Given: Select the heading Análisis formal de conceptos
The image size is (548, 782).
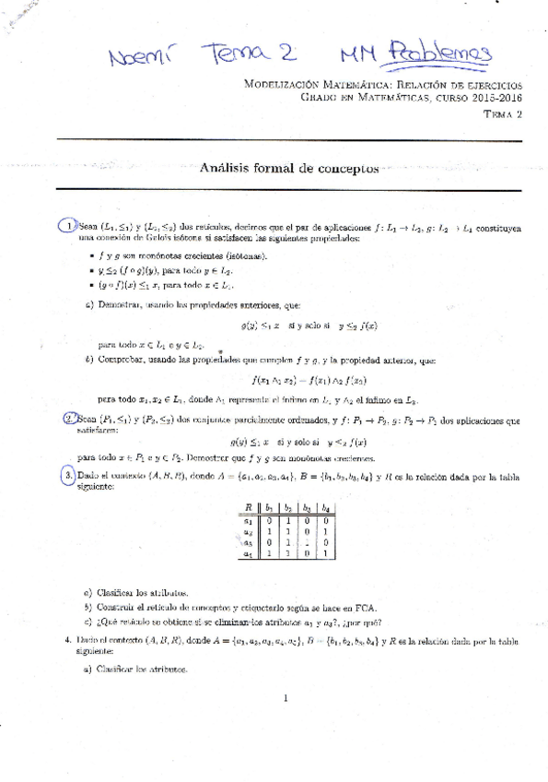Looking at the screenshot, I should [289, 169].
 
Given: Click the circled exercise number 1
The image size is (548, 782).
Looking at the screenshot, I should [66, 226].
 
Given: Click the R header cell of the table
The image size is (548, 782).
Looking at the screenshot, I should [248, 508].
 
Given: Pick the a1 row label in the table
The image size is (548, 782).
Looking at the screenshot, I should [248, 520].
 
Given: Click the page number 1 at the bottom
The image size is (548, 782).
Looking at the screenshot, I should [286, 698].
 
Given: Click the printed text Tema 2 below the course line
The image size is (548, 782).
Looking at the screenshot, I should [502, 113].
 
